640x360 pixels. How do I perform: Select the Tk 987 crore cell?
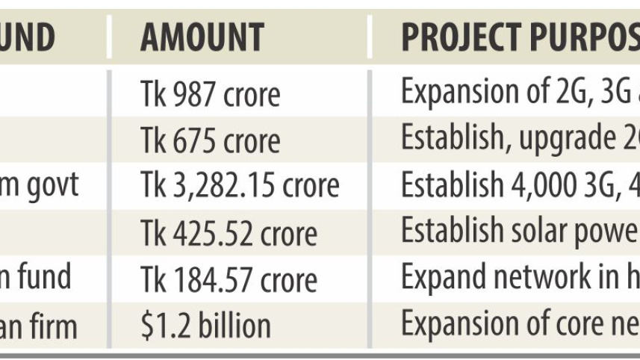pyautogui.click(x=211, y=94)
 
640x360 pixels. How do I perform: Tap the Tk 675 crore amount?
pyautogui.click(x=211, y=140)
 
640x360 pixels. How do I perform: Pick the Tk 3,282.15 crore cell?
pyautogui.click(x=240, y=187)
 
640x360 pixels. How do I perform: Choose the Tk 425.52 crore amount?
pyautogui.click(x=229, y=233)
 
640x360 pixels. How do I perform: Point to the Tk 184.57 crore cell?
pyautogui.click(x=229, y=279)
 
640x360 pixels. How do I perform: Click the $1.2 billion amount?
pyautogui.click(x=205, y=326)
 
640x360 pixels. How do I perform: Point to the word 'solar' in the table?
pyautogui.click(x=538, y=232)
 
